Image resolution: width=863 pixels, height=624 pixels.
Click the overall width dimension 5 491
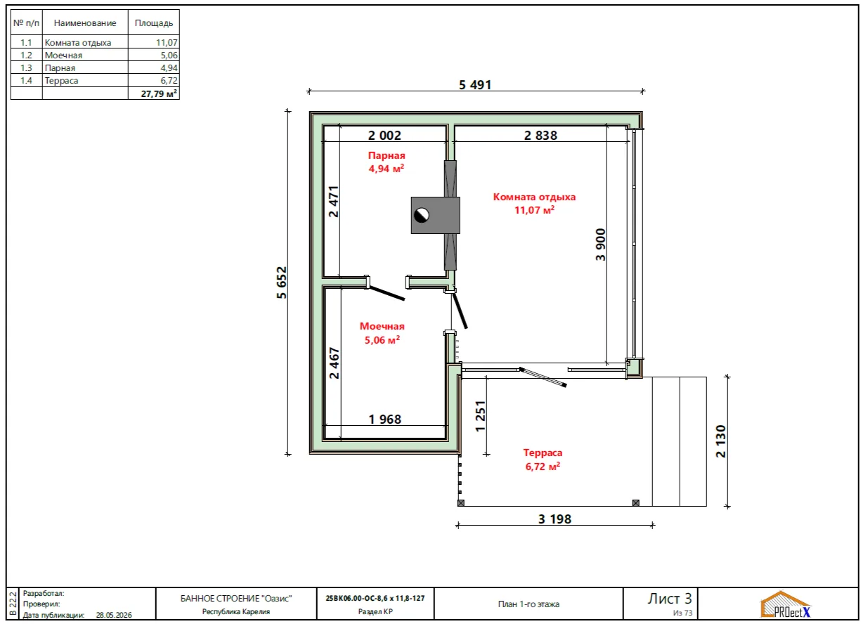click(x=475, y=85)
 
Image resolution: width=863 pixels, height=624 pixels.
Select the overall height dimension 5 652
click(x=282, y=282)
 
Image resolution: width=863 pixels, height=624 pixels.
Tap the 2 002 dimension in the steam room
click(x=384, y=136)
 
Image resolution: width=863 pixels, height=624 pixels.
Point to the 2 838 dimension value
click(x=540, y=136)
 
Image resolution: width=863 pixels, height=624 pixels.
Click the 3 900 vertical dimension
click(x=601, y=245)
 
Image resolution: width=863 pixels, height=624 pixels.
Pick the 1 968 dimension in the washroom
click(x=385, y=419)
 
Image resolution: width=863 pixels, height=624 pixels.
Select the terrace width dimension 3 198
click(x=554, y=519)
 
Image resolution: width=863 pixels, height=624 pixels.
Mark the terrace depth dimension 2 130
click(x=720, y=441)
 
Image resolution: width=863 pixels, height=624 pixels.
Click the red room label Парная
click(x=387, y=155)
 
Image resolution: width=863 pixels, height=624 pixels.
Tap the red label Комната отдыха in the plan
click(x=534, y=197)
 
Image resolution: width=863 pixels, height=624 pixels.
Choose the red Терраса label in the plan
click(x=543, y=453)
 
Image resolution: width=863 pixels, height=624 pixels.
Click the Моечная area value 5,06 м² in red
click(x=382, y=339)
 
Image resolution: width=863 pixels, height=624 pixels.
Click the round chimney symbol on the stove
click(x=421, y=215)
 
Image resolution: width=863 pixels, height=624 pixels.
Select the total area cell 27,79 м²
click(x=159, y=93)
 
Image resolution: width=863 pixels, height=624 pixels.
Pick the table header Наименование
click(x=85, y=23)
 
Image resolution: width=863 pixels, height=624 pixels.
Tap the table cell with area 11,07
click(x=167, y=42)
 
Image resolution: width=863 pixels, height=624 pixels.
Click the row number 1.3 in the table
click(x=26, y=67)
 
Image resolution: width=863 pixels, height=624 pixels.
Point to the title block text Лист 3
click(x=670, y=599)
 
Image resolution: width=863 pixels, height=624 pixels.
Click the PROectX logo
click(x=786, y=605)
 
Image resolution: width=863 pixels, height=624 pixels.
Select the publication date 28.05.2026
click(x=114, y=615)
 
